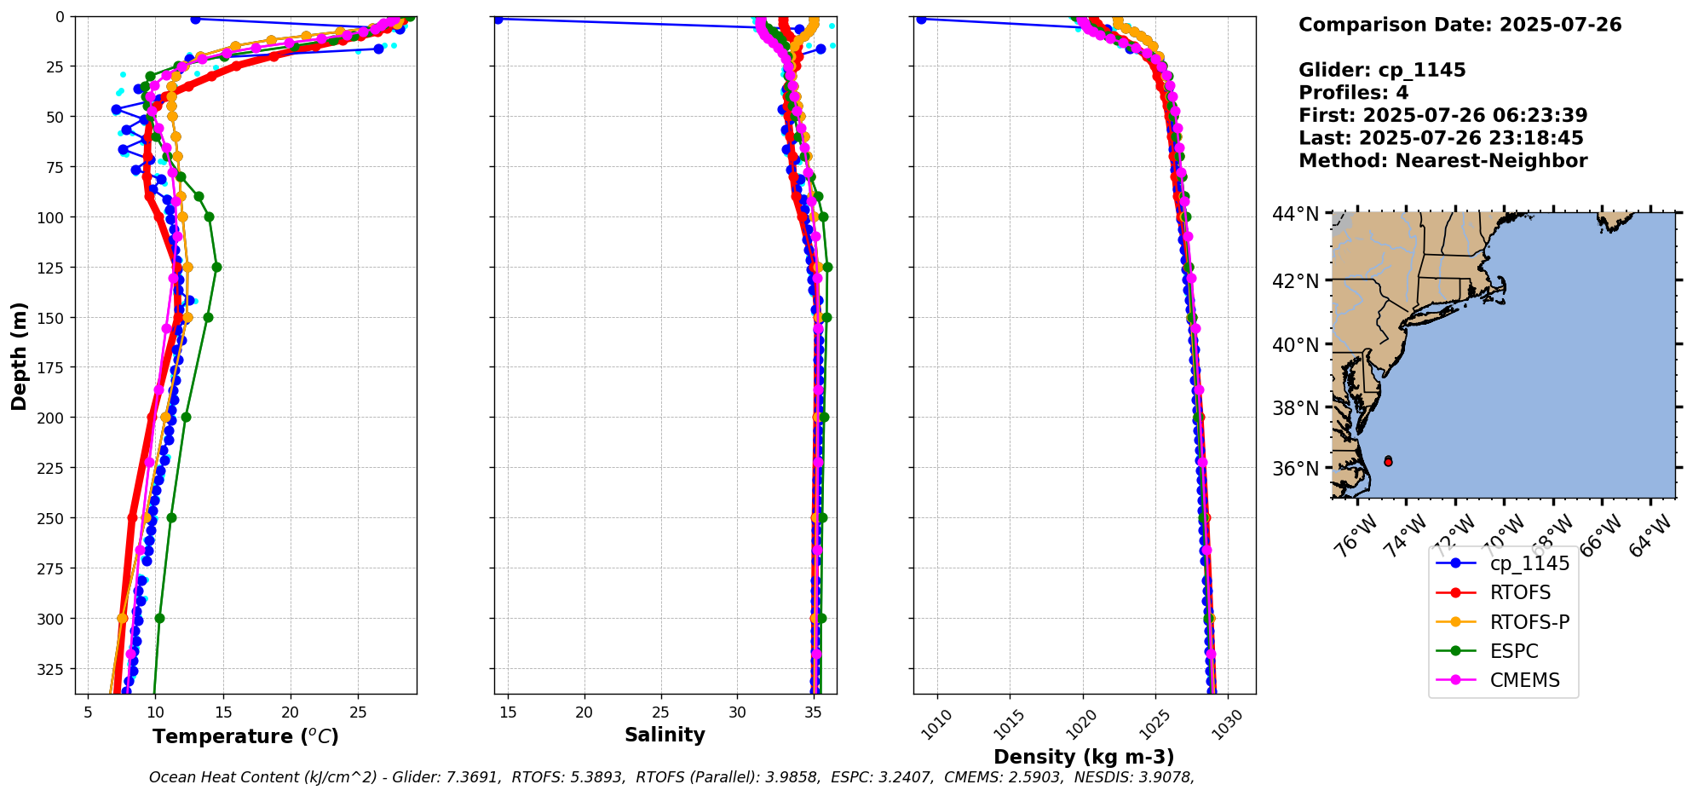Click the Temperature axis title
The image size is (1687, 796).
245,736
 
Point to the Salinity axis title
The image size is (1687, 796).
665,735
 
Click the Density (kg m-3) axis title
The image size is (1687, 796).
1084,757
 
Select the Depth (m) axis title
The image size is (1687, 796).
19,355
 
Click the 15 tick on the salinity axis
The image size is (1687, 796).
508,712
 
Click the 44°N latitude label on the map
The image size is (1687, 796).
1295,214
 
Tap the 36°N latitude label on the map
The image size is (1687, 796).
1295,469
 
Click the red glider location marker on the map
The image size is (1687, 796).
1388,461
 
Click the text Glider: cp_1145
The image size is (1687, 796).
1382,70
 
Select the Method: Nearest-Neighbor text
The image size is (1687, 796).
1442,161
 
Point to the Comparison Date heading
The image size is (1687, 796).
1460,25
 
